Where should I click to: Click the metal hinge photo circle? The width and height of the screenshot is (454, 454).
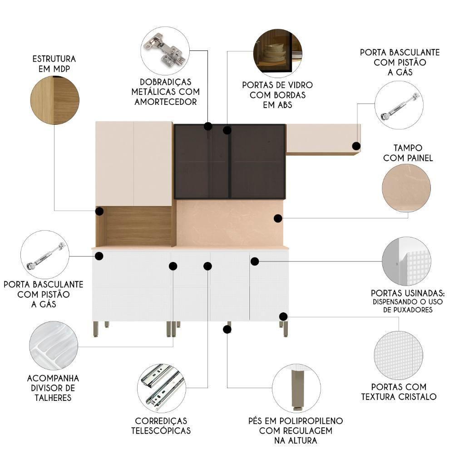[x=165, y=51]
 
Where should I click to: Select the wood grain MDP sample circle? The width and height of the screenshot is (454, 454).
[x=55, y=100]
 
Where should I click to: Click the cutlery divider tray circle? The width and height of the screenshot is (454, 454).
[x=54, y=345]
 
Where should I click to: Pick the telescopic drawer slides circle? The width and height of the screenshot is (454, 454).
[x=162, y=388]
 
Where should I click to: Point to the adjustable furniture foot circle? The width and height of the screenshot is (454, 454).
[x=296, y=388]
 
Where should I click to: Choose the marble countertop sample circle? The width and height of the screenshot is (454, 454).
[x=406, y=188]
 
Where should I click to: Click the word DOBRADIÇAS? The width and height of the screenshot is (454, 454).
[x=165, y=82]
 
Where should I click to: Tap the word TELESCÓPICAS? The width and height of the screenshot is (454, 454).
[x=161, y=430]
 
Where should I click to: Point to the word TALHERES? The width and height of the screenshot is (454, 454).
[x=53, y=398]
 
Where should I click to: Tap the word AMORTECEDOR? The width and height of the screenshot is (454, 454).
[x=166, y=102]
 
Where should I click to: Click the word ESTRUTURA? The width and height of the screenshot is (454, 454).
[x=54, y=59]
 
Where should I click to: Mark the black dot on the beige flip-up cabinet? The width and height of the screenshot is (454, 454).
[x=356, y=146]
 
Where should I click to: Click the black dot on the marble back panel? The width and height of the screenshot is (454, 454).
[x=278, y=218]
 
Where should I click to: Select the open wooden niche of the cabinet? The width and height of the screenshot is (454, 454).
[x=136, y=227]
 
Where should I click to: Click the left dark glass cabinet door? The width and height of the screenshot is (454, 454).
[x=202, y=161]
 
